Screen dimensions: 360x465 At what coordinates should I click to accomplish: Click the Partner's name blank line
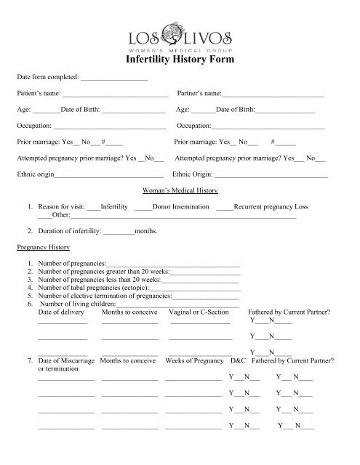tap(272, 96)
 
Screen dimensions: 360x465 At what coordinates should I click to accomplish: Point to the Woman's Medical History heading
tap(180, 191)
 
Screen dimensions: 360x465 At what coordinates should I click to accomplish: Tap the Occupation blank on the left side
tap(108, 127)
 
